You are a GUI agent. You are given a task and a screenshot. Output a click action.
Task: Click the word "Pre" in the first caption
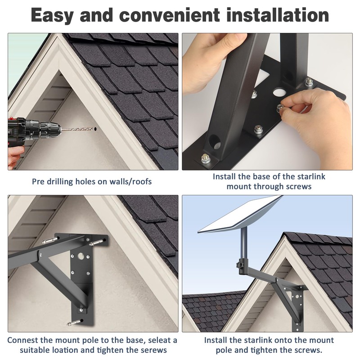(39, 182)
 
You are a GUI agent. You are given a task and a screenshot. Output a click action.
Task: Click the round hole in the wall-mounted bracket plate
(81, 258)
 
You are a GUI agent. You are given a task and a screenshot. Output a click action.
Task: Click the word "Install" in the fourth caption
(219, 340)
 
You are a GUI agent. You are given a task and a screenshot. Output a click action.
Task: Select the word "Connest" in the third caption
(26, 340)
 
